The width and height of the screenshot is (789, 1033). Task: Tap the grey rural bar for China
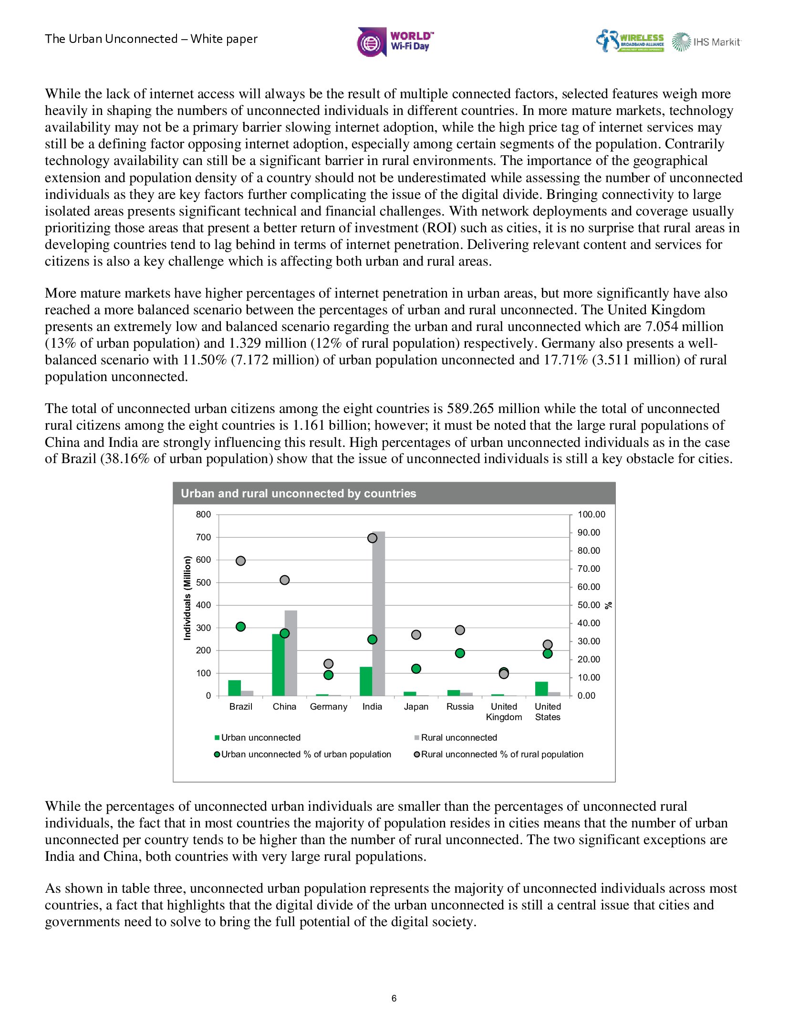point(291,653)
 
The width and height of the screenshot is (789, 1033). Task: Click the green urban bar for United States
point(541,689)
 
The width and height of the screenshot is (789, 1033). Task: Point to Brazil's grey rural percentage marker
point(241,561)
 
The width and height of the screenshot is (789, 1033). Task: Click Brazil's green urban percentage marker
point(241,627)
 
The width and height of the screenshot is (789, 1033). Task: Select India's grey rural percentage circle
point(373,538)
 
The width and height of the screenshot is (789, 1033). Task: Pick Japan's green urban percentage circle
point(416,669)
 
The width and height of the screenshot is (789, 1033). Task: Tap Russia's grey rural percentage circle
point(460,630)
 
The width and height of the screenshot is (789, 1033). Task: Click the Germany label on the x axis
point(328,706)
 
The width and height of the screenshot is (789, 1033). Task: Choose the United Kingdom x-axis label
point(504,712)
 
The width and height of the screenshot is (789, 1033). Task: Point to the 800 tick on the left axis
point(203,515)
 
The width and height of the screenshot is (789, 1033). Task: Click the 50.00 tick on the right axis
point(589,605)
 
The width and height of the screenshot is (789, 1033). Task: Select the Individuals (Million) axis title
point(187,598)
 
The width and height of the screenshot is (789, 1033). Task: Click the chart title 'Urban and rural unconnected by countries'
point(298,494)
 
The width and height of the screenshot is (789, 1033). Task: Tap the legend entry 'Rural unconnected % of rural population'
point(498,754)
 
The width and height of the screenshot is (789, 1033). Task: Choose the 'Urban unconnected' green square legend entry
point(258,737)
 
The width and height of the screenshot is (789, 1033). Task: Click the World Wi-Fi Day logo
point(395,42)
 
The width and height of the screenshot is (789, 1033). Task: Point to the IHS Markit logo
point(706,42)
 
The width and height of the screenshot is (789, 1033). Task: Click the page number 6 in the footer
point(394,998)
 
